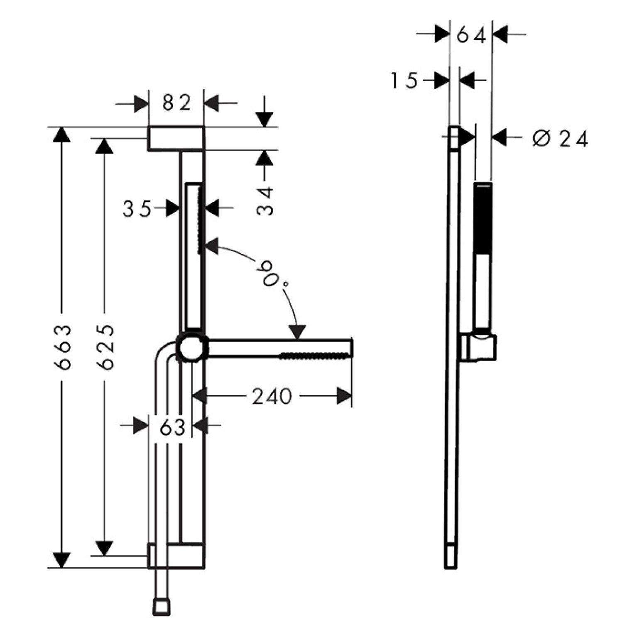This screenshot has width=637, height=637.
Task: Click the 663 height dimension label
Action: point(63,347)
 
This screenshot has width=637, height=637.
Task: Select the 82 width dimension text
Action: point(176,103)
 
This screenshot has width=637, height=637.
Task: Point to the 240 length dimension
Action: point(272,397)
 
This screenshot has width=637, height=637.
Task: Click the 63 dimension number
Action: point(172,427)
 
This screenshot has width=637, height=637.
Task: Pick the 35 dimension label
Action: point(137,209)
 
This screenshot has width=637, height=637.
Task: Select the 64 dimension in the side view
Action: point(471,36)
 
